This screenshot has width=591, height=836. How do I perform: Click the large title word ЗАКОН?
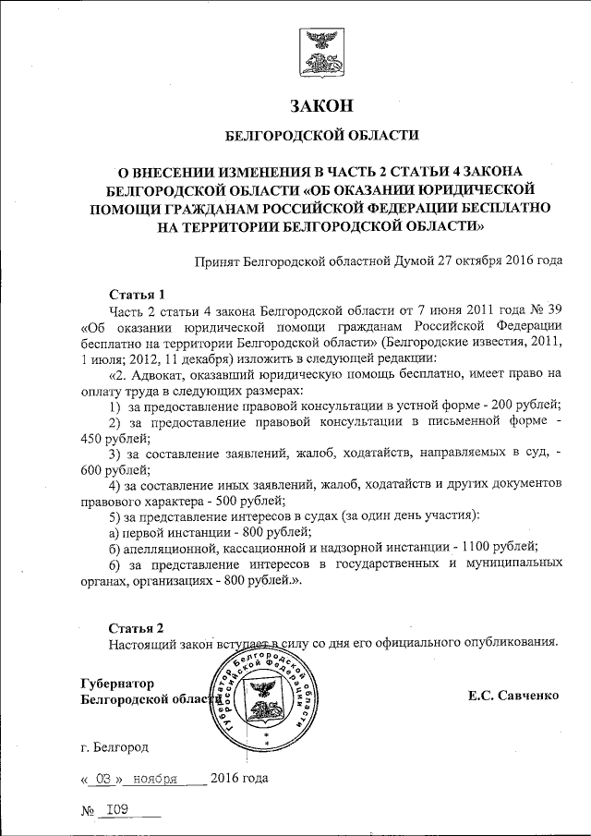pos(321,104)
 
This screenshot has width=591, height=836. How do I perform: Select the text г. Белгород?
pos(114,745)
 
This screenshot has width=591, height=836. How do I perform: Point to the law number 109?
pos(117,809)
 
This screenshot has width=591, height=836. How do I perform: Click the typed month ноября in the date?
pos(154,778)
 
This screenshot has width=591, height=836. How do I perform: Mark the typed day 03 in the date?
pos(103,778)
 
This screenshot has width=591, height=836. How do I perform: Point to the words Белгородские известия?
pos(449,343)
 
